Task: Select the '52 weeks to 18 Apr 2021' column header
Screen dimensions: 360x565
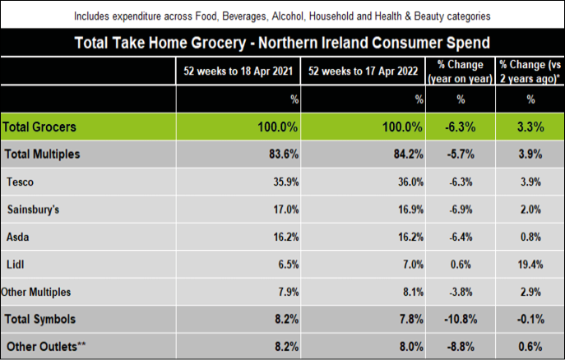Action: (239, 72)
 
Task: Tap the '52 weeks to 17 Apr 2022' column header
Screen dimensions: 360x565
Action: (362, 72)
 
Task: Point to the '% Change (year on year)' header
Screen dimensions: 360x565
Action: (461, 72)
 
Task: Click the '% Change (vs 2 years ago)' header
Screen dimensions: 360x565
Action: (530, 72)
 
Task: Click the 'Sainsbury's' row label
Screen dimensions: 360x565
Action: (33, 210)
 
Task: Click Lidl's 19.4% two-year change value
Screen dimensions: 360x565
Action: (530, 264)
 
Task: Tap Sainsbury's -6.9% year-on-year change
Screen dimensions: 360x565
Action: (461, 210)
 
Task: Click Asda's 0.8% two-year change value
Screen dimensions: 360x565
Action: (530, 237)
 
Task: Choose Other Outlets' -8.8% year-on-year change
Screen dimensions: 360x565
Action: (461, 346)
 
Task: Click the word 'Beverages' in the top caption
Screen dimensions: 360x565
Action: (232, 16)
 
